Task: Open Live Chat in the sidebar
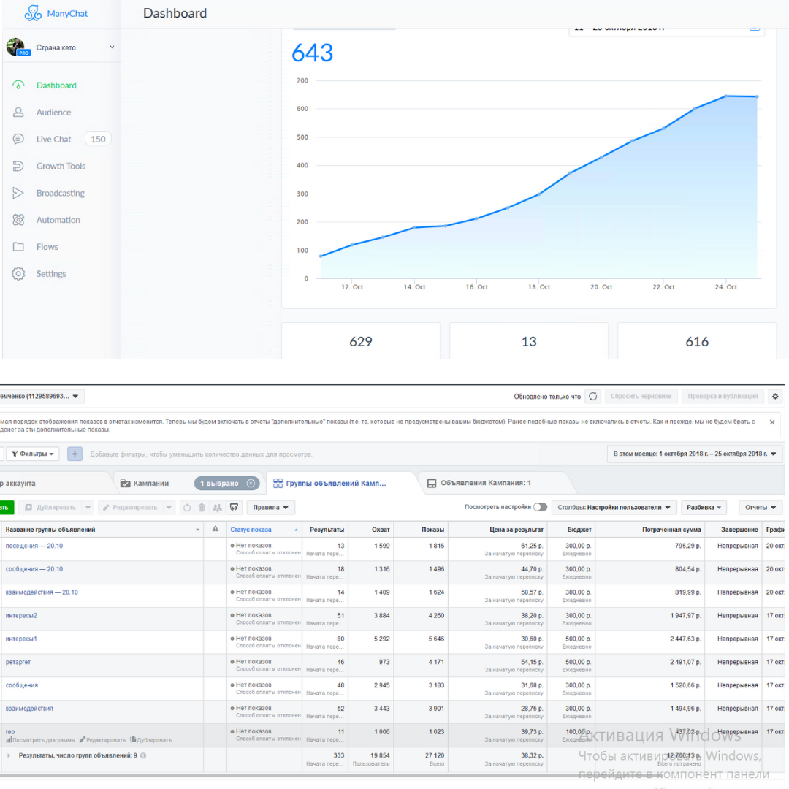54,139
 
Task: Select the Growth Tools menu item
61,166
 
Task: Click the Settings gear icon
19,274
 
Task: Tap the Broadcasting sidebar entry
60,193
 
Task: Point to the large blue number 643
312,53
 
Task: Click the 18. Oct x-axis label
539,287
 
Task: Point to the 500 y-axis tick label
302,137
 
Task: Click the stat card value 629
361,341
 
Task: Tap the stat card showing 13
529,341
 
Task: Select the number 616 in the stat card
697,341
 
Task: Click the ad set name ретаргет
18,662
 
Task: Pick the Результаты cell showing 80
339,639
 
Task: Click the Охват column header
381,529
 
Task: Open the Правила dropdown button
270,507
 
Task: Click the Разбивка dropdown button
705,507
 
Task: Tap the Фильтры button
34,454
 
